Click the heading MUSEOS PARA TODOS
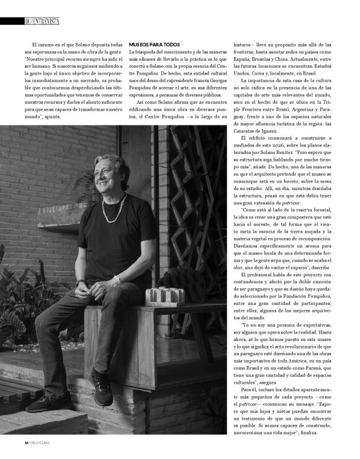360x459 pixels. coord(154,45)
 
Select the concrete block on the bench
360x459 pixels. coord(165,297)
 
